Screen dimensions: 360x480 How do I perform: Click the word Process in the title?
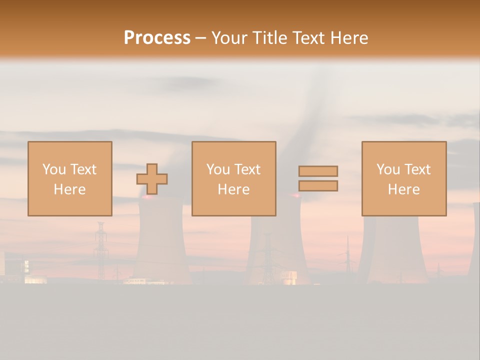157,38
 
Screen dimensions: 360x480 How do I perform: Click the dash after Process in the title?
200,38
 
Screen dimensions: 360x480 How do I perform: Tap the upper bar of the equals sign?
318,171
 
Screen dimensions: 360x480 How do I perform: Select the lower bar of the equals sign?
318,185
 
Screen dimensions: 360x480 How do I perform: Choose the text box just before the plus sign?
70,178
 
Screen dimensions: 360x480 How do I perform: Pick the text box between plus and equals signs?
233,178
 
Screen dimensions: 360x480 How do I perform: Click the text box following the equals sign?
403,178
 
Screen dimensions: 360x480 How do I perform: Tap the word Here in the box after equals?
403,189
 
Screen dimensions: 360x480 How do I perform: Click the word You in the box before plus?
54,169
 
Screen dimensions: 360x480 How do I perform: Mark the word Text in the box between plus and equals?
247,169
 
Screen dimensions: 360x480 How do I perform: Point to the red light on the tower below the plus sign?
147,196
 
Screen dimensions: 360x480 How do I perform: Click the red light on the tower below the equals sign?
296,196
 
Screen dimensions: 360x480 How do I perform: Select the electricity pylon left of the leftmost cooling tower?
101,250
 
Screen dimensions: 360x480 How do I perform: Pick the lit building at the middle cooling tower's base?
289,277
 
